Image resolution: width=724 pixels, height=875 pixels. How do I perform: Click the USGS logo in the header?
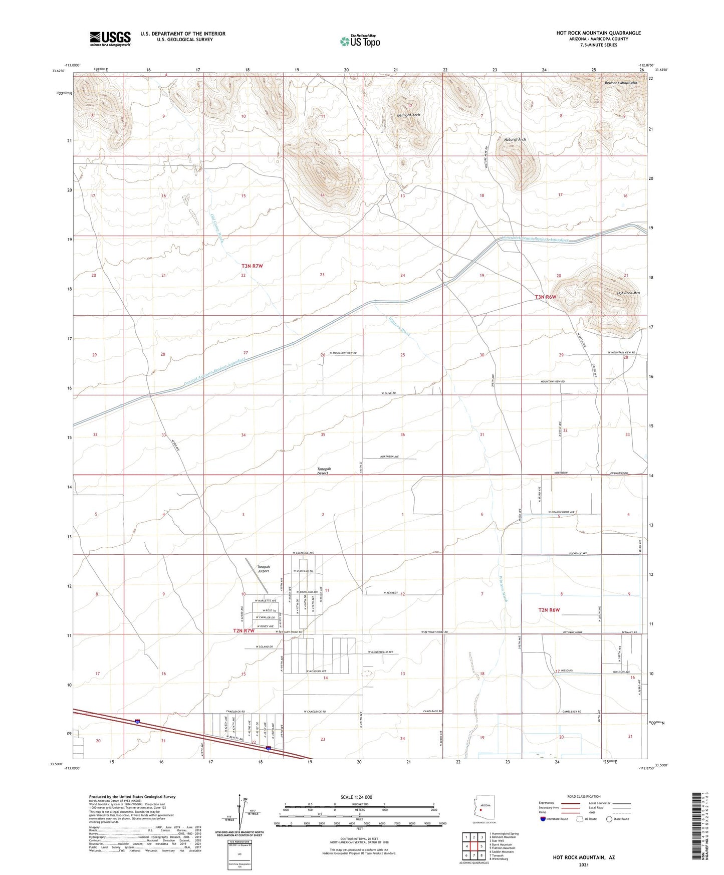pyautogui.click(x=110, y=38)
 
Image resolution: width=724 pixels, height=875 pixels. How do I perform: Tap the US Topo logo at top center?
pyautogui.click(x=360, y=41)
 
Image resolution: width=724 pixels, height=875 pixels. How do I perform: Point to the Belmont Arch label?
pyautogui.click(x=408, y=115)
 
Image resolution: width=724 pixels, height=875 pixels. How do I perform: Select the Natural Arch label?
pyautogui.click(x=515, y=140)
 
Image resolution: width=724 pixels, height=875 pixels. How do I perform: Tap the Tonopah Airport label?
pyautogui.click(x=263, y=569)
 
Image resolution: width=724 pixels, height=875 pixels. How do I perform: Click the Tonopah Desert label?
pyautogui.click(x=324, y=471)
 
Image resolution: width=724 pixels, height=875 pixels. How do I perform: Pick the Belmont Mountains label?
pyautogui.click(x=621, y=83)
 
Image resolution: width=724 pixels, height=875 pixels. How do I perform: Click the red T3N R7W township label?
pyautogui.click(x=252, y=266)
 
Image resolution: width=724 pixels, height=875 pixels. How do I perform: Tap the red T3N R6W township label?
pyautogui.click(x=546, y=297)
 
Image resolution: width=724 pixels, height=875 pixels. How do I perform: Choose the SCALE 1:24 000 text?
pyautogui.click(x=356, y=797)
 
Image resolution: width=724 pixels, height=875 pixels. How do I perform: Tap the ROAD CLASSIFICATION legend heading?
pyautogui.click(x=584, y=796)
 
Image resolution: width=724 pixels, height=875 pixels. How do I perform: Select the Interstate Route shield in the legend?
pyautogui.click(x=544, y=819)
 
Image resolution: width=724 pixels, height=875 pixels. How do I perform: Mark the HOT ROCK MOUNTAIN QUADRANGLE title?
pyautogui.click(x=598, y=33)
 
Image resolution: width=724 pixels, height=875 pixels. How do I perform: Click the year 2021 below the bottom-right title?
pyautogui.click(x=583, y=864)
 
